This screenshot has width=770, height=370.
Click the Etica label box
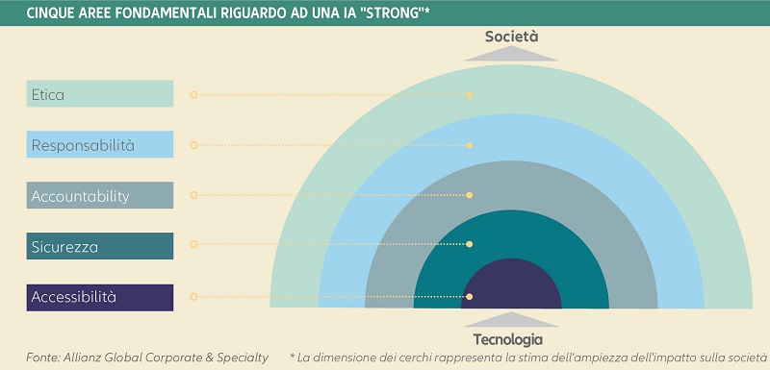coord(100,94)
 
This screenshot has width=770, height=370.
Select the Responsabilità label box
coord(100,145)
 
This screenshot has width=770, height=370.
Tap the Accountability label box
coord(100,196)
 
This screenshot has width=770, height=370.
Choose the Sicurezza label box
coord(100,247)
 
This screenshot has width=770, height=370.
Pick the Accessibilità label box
coord(100,297)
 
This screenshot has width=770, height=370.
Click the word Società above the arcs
coord(511,36)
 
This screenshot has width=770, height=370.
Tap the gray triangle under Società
coord(511,54)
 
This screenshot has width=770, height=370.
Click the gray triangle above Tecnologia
coord(508,321)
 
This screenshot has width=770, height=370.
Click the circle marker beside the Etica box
coord(193,95)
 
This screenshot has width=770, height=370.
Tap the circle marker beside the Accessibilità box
coord(193,297)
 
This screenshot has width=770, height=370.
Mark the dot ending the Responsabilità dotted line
coord(470,145)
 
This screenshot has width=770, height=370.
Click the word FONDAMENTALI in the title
coord(149,12)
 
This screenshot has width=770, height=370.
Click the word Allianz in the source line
coord(93,358)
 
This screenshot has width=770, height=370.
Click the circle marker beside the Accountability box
coord(193,196)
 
